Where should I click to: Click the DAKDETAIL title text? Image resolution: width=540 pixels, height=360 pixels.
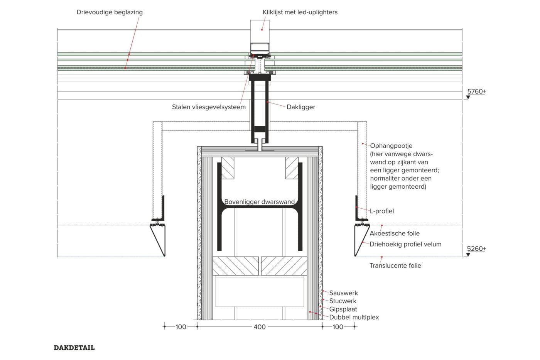click(74, 348)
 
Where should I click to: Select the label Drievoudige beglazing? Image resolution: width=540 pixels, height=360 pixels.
click(110, 12)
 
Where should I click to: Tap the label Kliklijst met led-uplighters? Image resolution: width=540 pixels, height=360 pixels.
click(300, 12)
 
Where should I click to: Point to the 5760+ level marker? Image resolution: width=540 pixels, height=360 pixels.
click(476, 91)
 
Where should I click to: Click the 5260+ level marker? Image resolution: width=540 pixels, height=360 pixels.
click(476, 249)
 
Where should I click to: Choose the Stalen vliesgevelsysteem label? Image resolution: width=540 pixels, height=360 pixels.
click(209, 107)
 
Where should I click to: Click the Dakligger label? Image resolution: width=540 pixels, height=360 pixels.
click(301, 107)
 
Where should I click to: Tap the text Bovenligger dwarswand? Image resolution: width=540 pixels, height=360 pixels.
click(260, 202)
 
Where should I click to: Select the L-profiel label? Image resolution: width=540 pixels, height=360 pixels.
click(382, 211)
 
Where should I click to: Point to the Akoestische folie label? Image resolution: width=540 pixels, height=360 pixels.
click(395, 233)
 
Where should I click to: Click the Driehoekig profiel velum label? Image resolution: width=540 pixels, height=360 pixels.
click(405, 244)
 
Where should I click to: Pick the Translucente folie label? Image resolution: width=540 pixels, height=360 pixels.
click(395, 265)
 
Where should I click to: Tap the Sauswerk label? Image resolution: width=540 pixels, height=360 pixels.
click(343, 293)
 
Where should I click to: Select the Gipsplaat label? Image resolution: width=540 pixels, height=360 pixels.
click(343, 309)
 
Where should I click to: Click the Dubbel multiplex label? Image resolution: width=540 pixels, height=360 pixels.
click(354, 318)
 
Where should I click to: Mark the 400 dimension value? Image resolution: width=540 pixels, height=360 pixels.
click(260, 327)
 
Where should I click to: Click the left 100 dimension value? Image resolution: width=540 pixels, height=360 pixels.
click(181, 327)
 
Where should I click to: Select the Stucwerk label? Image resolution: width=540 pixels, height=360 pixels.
click(343, 301)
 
